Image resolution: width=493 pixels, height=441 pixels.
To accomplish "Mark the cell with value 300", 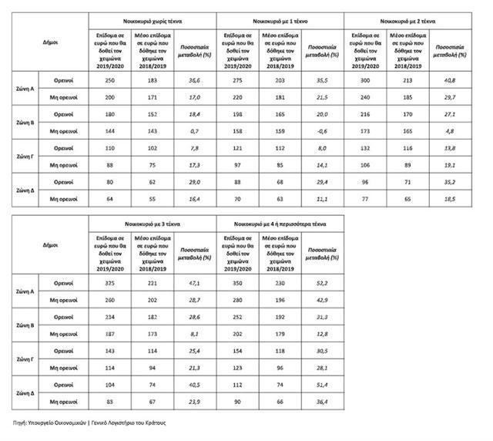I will tap(366, 81).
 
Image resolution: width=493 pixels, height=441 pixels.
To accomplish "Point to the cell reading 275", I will tap(237, 81).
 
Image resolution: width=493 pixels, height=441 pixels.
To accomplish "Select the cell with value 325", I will tap(109, 284).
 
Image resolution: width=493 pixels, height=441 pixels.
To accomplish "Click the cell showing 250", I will tap(109, 81).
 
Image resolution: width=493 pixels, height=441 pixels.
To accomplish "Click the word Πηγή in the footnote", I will tap(22, 422).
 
